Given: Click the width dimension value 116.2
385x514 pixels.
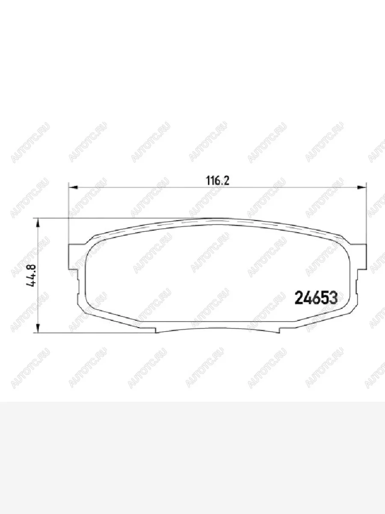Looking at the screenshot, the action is tap(217, 181).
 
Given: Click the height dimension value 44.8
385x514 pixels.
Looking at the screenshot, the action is tap(31, 275).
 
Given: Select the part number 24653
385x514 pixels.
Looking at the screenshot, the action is tap(316, 298).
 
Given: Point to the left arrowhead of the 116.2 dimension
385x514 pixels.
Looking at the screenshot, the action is tap(74, 187).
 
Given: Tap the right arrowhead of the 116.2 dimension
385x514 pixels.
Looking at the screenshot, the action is tap(361, 187).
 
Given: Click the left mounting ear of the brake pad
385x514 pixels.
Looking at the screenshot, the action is tap(76, 257).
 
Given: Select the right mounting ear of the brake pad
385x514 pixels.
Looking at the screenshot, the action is tap(358, 257).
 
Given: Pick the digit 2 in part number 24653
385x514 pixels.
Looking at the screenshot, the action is tap(299, 298).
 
